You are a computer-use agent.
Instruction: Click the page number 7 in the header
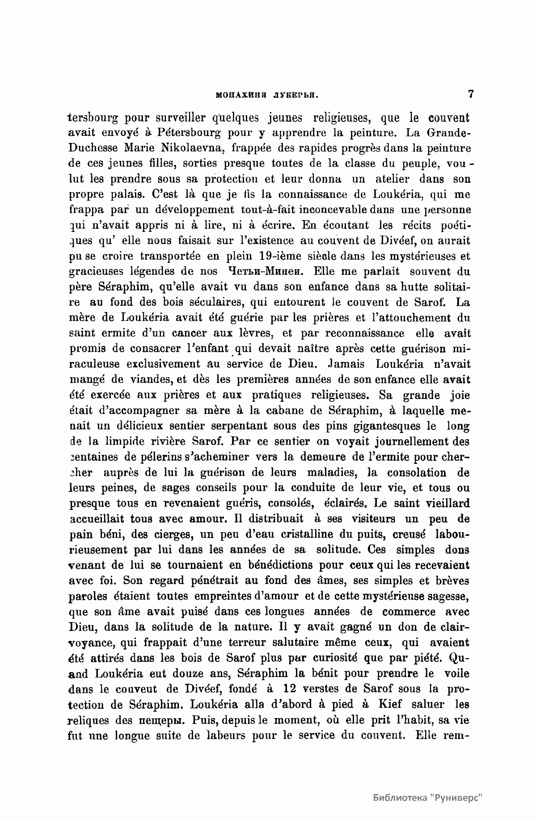point(470,95)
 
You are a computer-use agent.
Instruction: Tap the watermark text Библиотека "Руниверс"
point(428,798)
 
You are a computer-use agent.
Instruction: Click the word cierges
point(186,534)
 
